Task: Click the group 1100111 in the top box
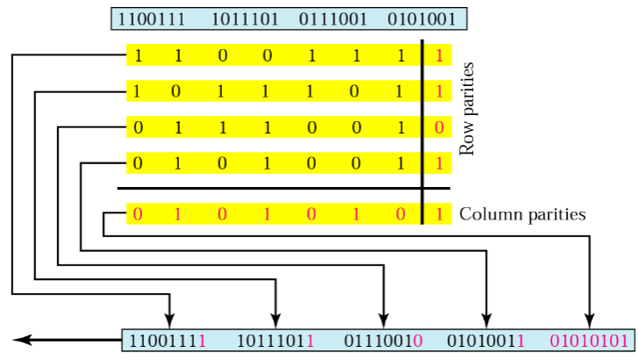pos(151,18)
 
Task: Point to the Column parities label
pos(522,213)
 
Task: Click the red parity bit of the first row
pos(439,55)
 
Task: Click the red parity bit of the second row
pos(439,91)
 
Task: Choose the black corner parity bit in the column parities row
pos(439,214)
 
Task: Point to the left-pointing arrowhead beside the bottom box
pos(21,339)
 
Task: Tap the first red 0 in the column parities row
pos(138,214)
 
